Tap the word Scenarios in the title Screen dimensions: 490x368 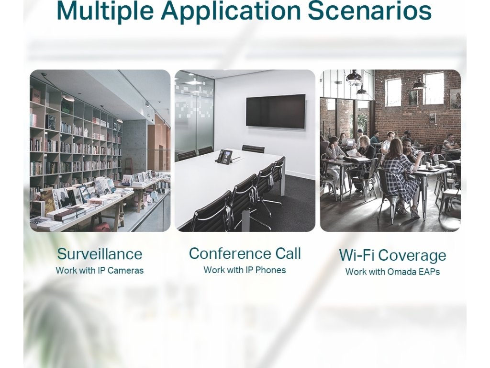tap(370, 11)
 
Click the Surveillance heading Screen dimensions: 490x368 tap(100, 254)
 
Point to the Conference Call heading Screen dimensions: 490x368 tap(245, 253)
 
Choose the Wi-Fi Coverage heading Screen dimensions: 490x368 tap(392, 255)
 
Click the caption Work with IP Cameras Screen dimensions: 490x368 tap(100, 270)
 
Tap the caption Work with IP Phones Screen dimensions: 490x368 tap(245, 270)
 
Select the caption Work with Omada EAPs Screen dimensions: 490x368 tap(392, 272)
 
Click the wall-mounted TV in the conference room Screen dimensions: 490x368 tap(276, 111)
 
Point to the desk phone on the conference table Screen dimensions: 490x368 tap(224, 156)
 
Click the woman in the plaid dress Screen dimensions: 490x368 tap(401, 175)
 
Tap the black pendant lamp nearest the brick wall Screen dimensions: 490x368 tap(419, 82)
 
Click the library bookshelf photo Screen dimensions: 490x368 tap(100, 150)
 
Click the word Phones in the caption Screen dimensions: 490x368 tap(271, 270)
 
